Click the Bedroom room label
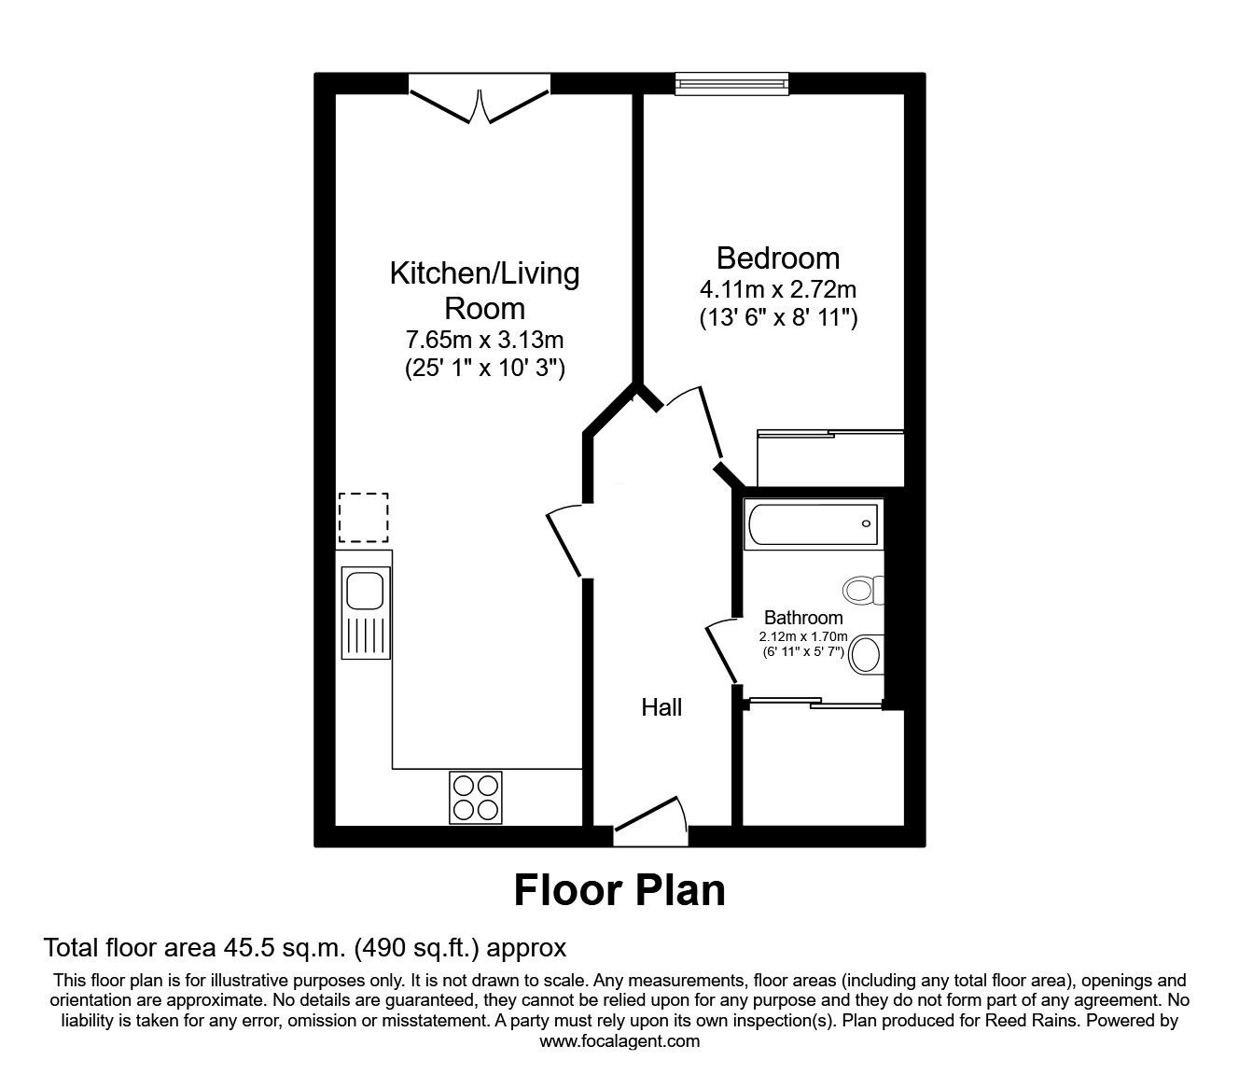point(777,258)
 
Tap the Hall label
point(661,708)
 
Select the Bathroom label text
point(803,618)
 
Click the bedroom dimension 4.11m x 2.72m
point(777,289)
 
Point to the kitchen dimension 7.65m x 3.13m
point(484,338)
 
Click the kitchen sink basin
point(363,590)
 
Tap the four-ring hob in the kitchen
point(476,797)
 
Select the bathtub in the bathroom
point(812,523)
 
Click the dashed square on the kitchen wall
point(363,518)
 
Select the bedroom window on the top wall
point(732,84)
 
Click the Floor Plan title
point(619,890)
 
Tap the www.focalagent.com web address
point(619,1041)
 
